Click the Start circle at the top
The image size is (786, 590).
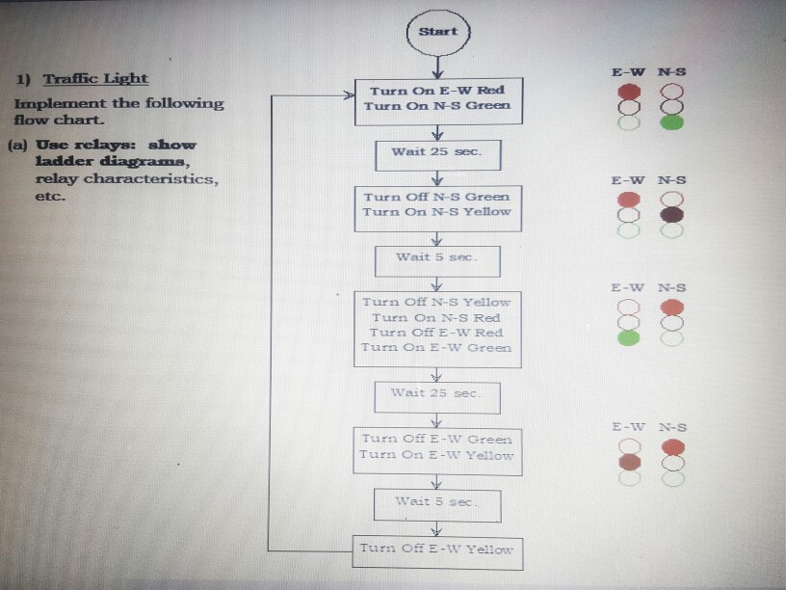438,32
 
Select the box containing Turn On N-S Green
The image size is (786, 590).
438,100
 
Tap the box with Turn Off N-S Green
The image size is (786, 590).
437,207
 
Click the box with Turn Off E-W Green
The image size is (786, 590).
437,450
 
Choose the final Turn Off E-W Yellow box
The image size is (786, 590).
437,551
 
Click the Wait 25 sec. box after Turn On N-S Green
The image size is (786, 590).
437,153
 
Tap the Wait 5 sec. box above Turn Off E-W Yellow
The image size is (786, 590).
437,502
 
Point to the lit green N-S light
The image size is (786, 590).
673,122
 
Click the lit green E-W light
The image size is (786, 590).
629,338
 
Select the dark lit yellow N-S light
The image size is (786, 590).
672,214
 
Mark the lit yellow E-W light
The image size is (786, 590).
630,462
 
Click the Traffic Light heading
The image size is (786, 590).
96,78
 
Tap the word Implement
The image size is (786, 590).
60,103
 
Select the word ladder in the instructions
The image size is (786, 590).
62,162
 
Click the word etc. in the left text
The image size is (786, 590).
49,196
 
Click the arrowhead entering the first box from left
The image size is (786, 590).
351,96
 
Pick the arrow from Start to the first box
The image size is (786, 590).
438,66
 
